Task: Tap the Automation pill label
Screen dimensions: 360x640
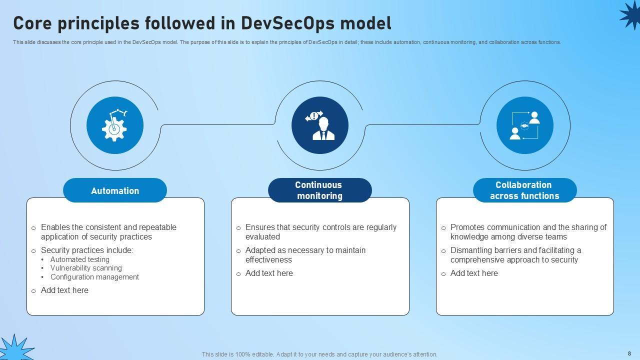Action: point(115,190)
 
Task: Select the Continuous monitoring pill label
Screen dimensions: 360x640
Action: point(319,190)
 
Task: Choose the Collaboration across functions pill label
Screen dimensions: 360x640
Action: point(524,190)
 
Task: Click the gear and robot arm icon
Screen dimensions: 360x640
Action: point(115,125)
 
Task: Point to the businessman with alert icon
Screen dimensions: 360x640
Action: point(320,125)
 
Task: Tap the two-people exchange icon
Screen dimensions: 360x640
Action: point(524,125)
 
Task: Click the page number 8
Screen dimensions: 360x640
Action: point(629,353)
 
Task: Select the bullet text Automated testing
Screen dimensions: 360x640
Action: point(79,259)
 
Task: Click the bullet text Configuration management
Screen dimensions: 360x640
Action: point(94,277)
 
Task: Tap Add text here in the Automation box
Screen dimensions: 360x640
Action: point(64,290)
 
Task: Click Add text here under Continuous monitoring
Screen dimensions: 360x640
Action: point(269,273)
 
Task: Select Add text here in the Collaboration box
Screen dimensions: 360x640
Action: point(474,273)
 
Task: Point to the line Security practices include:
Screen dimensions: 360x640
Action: point(87,250)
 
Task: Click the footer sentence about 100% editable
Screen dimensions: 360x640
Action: point(319,354)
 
